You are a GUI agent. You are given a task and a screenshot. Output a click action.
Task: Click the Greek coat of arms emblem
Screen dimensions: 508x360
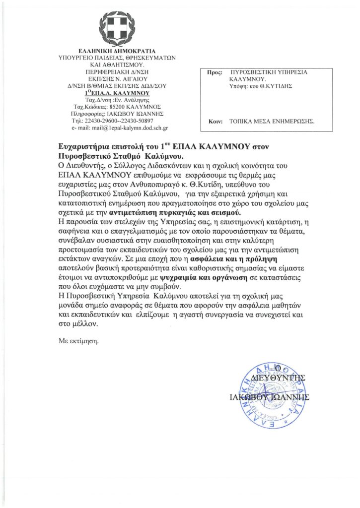[x=117, y=26]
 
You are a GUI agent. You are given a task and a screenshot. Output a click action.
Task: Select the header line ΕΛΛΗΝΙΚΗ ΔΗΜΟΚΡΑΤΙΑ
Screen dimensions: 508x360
[x=117, y=51]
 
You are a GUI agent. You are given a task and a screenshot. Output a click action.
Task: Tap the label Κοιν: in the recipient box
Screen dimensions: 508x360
[x=214, y=121]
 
